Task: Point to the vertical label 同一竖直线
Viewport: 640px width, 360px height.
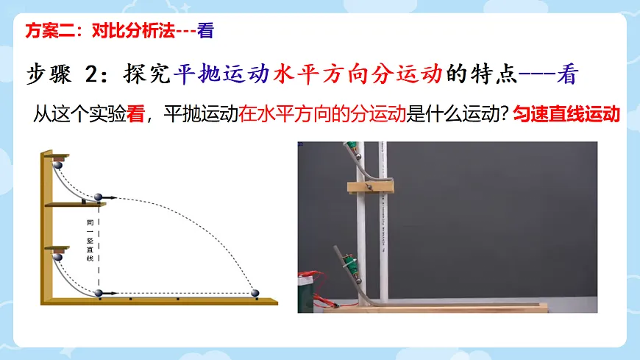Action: pyautogui.click(x=90, y=240)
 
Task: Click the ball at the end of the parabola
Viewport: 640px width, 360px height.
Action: pyautogui.click(x=256, y=293)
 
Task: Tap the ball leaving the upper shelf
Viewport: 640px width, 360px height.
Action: pyautogui.click(x=99, y=197)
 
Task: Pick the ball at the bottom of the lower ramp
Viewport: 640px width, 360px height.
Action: pyautogui.click(x=99, y=293)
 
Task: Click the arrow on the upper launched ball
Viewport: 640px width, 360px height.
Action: pyautogui.click(x=111, y=197)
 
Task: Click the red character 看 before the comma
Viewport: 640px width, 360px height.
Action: pyautogui.click(x=135, y=115)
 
